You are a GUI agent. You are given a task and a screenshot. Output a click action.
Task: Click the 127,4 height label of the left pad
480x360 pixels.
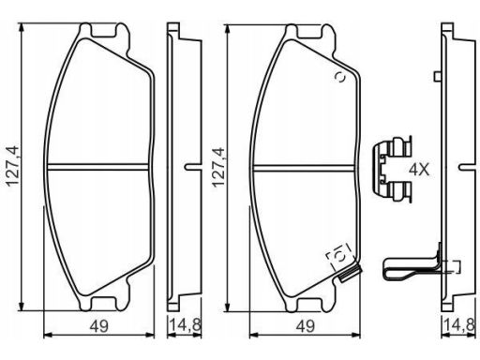click(x=13, y=166)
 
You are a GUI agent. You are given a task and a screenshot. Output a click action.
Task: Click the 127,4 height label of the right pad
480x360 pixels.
click(x=218, y=167)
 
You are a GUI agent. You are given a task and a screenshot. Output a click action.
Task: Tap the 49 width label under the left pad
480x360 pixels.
click(x=99, y=326)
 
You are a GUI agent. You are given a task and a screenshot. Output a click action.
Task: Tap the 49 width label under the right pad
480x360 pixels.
click(x=306, y=326)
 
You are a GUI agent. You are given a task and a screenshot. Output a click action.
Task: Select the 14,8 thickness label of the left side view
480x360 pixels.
click(x=185, y=325)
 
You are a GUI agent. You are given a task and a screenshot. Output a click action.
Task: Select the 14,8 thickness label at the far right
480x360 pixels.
click(x=459, y=325)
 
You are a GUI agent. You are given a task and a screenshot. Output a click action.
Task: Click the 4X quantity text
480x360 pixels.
click(x=419, y=170)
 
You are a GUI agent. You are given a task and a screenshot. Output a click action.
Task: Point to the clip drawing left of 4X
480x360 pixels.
click(x=393, y=169)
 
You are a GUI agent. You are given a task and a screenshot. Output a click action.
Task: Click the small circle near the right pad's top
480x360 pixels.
click(x=340, y=77)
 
